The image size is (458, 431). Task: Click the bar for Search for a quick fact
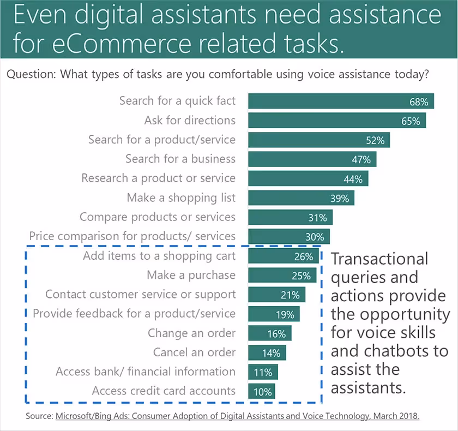click(341, 101)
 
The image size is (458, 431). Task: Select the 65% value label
click(411, 121)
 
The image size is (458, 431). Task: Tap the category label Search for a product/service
click(162, 140)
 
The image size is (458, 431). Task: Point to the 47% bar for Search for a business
click(312, 159)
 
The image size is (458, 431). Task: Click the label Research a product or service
click(158, 178)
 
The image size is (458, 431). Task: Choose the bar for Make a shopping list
click(301, 198)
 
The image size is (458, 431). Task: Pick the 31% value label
click(317, 218)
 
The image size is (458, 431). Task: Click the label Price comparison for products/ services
click(132, 236)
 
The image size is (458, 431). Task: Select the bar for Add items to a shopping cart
click(284, 256)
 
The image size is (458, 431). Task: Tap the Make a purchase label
click(191, 275)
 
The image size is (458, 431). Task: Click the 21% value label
click(290, 295)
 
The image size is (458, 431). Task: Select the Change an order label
click(191, 333)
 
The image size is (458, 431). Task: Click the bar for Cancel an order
click(267, 352)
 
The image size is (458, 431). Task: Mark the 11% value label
click(263, 372)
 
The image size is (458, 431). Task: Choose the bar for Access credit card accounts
click(261, 391)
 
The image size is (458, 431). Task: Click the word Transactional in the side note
click(379, 259)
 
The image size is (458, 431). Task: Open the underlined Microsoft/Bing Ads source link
click(237, 416)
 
